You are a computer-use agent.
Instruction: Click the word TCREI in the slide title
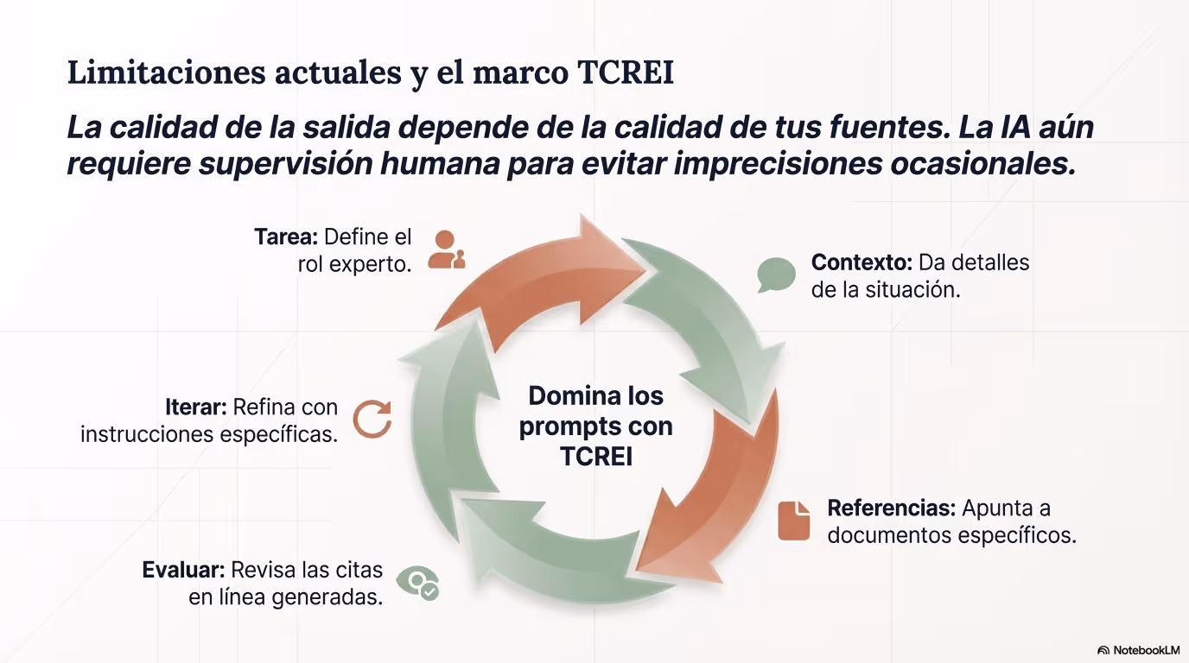point(626,73)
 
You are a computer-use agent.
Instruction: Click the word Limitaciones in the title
point(166,73)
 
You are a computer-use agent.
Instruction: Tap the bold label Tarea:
point(285,237)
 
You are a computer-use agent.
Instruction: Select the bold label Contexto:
point(862,262)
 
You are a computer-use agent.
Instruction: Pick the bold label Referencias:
point(891,508)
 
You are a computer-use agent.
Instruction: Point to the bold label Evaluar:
point(184,570)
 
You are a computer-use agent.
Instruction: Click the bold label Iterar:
point(196,407)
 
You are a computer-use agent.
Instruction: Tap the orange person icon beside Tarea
point(447,249)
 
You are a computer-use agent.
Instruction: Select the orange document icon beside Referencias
point(793,521)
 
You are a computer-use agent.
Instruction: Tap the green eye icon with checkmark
point(418,583)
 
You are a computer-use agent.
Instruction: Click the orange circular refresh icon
point(372,419)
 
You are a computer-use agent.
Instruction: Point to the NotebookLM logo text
point(1147,650)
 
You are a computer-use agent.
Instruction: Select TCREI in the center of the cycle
point(596,457)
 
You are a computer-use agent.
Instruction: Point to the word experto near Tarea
point(371,264)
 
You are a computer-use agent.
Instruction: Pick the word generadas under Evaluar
point(327,597)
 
